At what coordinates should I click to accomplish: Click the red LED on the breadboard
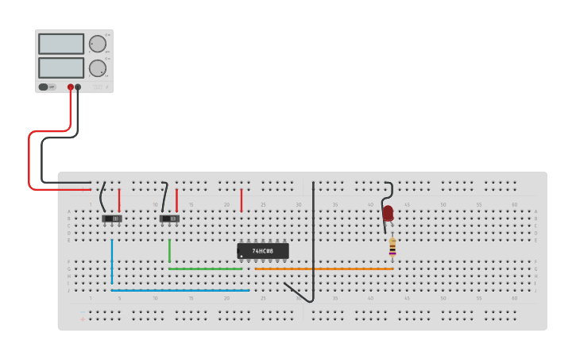tap(388, 213)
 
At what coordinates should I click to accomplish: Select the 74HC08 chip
tap(263, 251)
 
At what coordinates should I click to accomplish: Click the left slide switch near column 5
tap(112, 218)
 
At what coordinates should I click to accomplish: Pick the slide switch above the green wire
tap(169, 218)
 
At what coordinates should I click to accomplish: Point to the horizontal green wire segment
tap(205, 269)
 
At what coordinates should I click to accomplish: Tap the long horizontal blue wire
tap(180, 290)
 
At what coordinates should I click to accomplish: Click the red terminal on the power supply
tap(71, 87)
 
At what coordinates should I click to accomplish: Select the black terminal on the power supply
tap(78, 87)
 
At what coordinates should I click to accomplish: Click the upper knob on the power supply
tap(97, 44)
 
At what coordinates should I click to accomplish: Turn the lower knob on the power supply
tap(97, 68)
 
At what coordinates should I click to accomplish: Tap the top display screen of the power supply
tap(61, 44)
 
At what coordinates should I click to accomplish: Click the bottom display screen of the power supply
tap(61, 68)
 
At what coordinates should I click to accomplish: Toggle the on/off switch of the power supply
tap(47, 87)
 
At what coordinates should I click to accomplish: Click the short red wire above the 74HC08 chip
tap(242, 199)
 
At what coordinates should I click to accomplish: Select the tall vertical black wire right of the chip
tap(314, 238)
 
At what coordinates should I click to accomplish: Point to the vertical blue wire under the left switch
tap(112, 261)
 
